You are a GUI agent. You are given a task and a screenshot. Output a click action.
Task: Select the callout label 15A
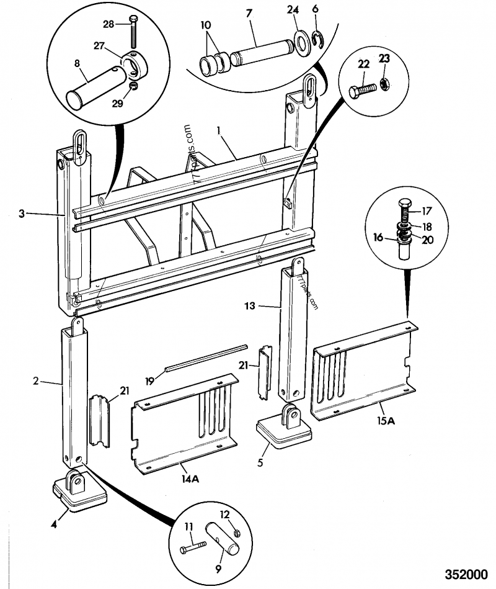coord(386,421)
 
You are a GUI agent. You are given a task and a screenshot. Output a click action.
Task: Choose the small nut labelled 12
coord(236,532)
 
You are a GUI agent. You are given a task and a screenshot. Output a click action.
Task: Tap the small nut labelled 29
coord(133,86)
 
